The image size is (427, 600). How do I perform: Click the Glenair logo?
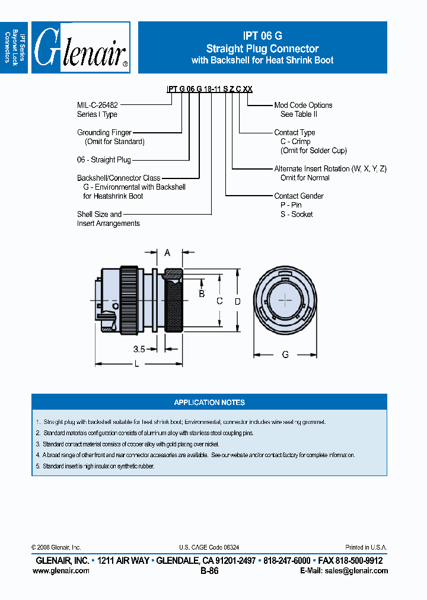[x=81, y=47]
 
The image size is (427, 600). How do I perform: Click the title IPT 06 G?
[x=262, y=36]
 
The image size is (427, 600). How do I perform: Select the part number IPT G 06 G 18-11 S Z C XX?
[x=209, y=89]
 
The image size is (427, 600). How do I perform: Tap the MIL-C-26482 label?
[x=101, y=105]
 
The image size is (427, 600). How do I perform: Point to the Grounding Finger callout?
[x=104, y=133]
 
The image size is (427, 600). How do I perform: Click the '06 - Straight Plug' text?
[x=104, y=160]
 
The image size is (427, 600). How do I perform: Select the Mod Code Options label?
[x=303, y=105]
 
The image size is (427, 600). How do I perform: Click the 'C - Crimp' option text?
[x=295, y=142]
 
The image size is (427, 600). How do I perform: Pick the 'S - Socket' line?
[x=297, y=214]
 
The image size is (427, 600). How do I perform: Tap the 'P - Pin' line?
[x=291, y=205]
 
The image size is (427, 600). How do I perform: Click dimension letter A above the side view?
[x=167, y=253]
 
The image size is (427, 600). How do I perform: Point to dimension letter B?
[x=202, y=294]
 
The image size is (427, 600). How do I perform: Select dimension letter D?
[x=237, y=302]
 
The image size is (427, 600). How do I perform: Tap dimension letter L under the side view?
[x=136, y=364]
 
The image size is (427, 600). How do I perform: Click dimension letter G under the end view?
[x=285, y=355]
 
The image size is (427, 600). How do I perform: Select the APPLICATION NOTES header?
[x=209, y=403]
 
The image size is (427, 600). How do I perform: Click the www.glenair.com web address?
[x=61, y=570]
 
